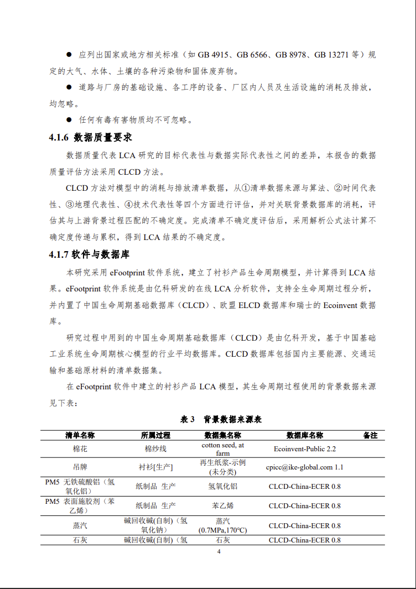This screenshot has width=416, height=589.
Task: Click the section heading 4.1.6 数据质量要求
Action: pyautogui.click(x=90, y=138)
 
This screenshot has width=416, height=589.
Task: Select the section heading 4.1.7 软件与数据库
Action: pyautogui.click(x=89, y=255)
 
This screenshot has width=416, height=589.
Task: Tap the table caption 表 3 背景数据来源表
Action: pyautogui.click(x=221, y=420)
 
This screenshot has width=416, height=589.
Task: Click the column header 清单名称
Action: pyautogui.click(x=80, y=435)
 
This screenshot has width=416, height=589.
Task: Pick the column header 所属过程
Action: pyautogui.click(x=155, y=435)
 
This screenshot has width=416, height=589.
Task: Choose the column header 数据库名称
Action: pyautogui.click(x=304, y=435)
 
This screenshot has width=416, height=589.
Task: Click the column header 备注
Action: pyautogui.click(x=370, y=435)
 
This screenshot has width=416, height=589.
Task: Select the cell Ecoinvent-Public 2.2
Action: pyautogui.click(x=304, y=449)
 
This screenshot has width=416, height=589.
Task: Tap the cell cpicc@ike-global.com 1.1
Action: pyautogui.click(x=304, y=467)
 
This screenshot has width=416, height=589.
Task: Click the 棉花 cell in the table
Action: pyautogui.click(x=80, y=449)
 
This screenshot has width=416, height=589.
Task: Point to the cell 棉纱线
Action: pyautogui.click(x=155, y=449)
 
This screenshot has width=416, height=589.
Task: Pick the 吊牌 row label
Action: pyautogui.click(x=80, y=467)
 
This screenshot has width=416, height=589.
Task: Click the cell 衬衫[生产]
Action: pyautogui.click(x=155, y=467)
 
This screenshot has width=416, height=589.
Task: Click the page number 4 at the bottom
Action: pyautogui.click(x=219, y=552)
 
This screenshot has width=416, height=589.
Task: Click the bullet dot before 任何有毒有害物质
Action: pyautogui.click(x=69, y=119)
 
